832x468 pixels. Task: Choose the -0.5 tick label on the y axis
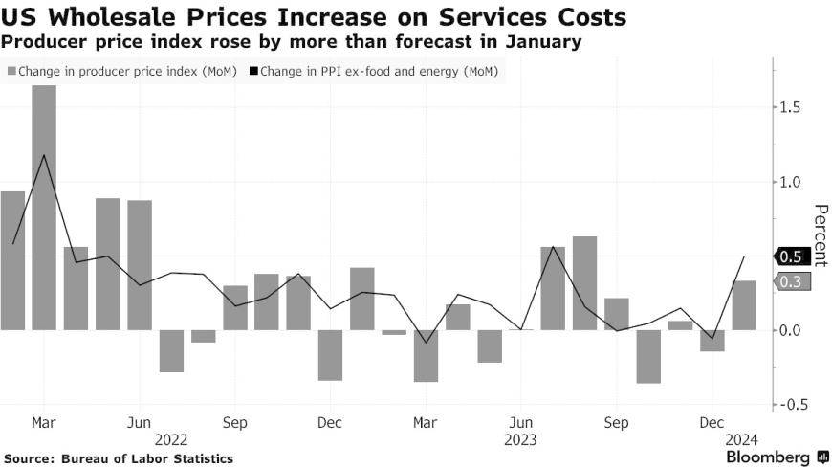pyautogui.click(x=791, y=405)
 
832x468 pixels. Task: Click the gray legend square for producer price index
pyautogui.click(x=11, y=71)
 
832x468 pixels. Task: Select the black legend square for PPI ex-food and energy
pyautogui.click(x=255, y=71)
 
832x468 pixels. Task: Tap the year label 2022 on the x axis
pyautogui.click(x=169, y=440)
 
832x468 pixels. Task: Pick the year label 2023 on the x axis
pyautogui.click(x=520, y=440)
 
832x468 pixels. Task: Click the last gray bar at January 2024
pyautogui.click(x=744, y=305)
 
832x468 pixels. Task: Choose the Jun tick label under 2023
pyautogui.click(x=521, y=421)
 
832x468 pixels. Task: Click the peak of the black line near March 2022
pyautogui.click(x=44, y=155)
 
